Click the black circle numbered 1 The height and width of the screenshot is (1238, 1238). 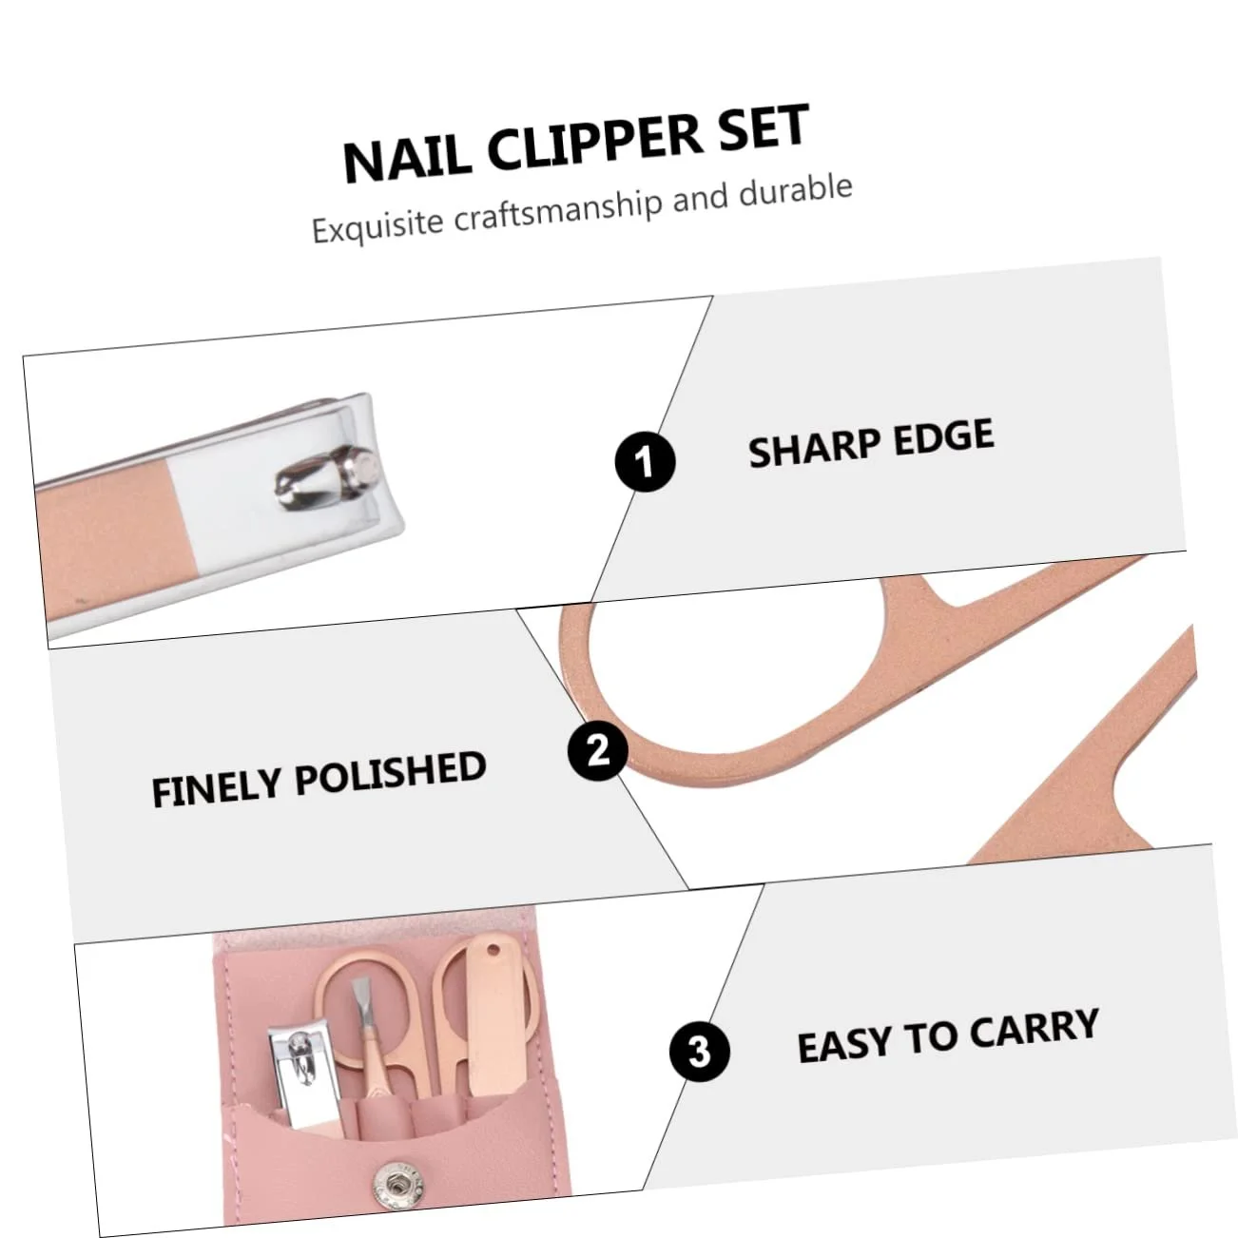pos(645,460)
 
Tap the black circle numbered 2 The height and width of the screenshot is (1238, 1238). pos(597,749)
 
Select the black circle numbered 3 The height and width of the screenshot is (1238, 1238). pos(700,1052)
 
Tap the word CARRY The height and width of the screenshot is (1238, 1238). pos(1034,1029)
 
